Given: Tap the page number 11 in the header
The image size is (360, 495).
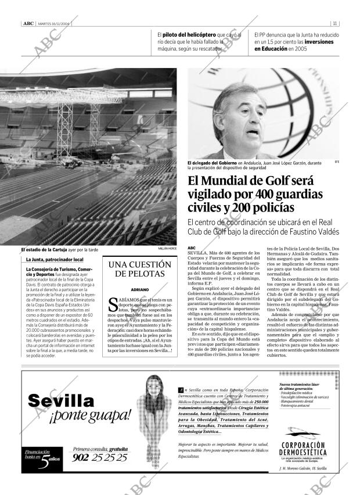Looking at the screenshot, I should (x=336, y=24).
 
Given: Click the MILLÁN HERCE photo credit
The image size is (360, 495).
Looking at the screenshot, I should (x=167, y=249).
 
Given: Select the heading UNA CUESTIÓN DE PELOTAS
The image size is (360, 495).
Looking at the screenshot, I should (x=139, y=269).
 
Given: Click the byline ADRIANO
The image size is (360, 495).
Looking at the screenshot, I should (x=139, y=289).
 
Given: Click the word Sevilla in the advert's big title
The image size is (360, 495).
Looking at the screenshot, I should (x=61, y=401).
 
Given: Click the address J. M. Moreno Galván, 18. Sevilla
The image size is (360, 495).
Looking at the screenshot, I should (x=303, y=468).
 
